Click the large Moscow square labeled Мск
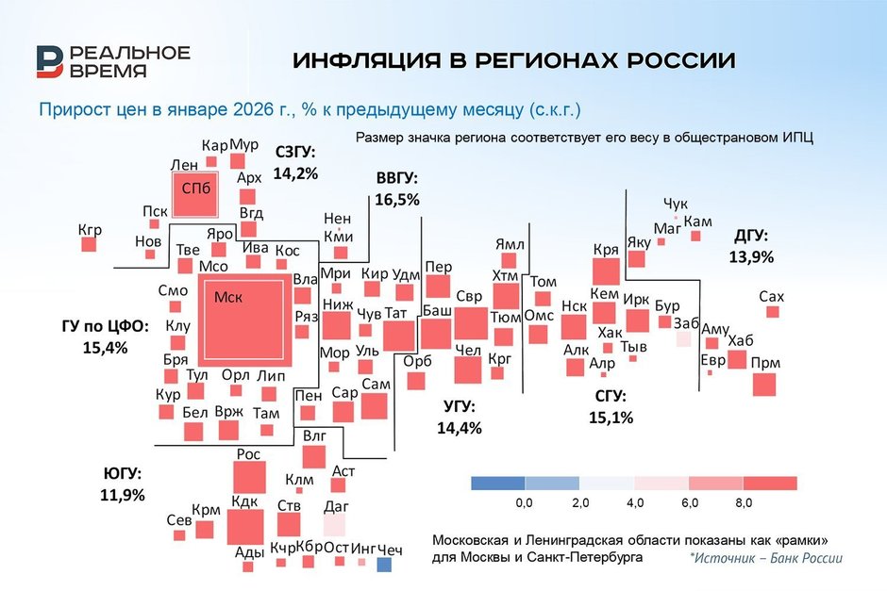243,322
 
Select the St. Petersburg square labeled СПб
194,196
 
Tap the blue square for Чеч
384,565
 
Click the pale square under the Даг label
335,525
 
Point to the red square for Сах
774,312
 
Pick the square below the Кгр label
89,244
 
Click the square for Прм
764,385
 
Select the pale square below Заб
683,338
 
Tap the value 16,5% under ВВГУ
396,200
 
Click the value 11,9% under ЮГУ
122,494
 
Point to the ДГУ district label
750,236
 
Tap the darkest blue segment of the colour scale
497,484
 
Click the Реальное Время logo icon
50,61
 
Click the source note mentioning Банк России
765,558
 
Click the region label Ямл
510,244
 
